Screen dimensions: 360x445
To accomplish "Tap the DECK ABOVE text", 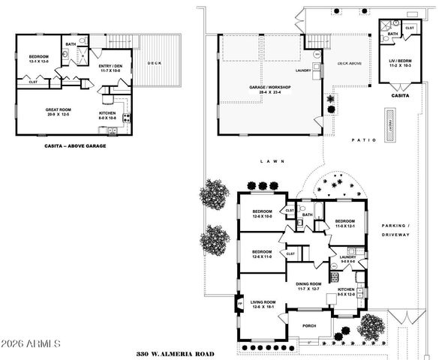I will [x=350, y=64].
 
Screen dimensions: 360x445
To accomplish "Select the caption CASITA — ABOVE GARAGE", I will [x=75, y=145].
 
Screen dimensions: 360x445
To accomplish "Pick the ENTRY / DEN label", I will [x=110, y=67].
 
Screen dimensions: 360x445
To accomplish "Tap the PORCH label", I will [x=309, y=325].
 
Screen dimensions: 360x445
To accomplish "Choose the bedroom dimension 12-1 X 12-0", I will [x=40, y=62].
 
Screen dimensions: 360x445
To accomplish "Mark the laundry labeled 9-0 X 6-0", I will [x=347, y=262].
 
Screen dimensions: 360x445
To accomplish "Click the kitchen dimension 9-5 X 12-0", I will [x=345, y=294].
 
